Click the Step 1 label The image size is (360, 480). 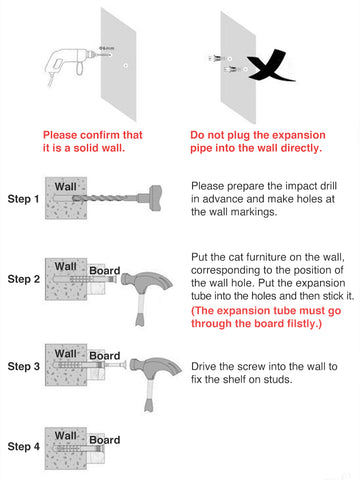click(23, 199)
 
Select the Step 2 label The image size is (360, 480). click(23, 279)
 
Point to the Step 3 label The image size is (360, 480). click(23, 366)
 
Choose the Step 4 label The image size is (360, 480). click(23, 446)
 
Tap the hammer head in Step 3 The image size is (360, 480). click(156, 368)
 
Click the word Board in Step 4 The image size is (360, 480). click(104, 440)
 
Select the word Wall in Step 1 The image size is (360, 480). click(66, 187)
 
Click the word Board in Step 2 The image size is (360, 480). click(104, 270)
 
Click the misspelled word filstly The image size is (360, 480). click(301, 324)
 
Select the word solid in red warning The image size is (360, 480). click(85, 148)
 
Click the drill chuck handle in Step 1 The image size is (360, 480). click(156, 198)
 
